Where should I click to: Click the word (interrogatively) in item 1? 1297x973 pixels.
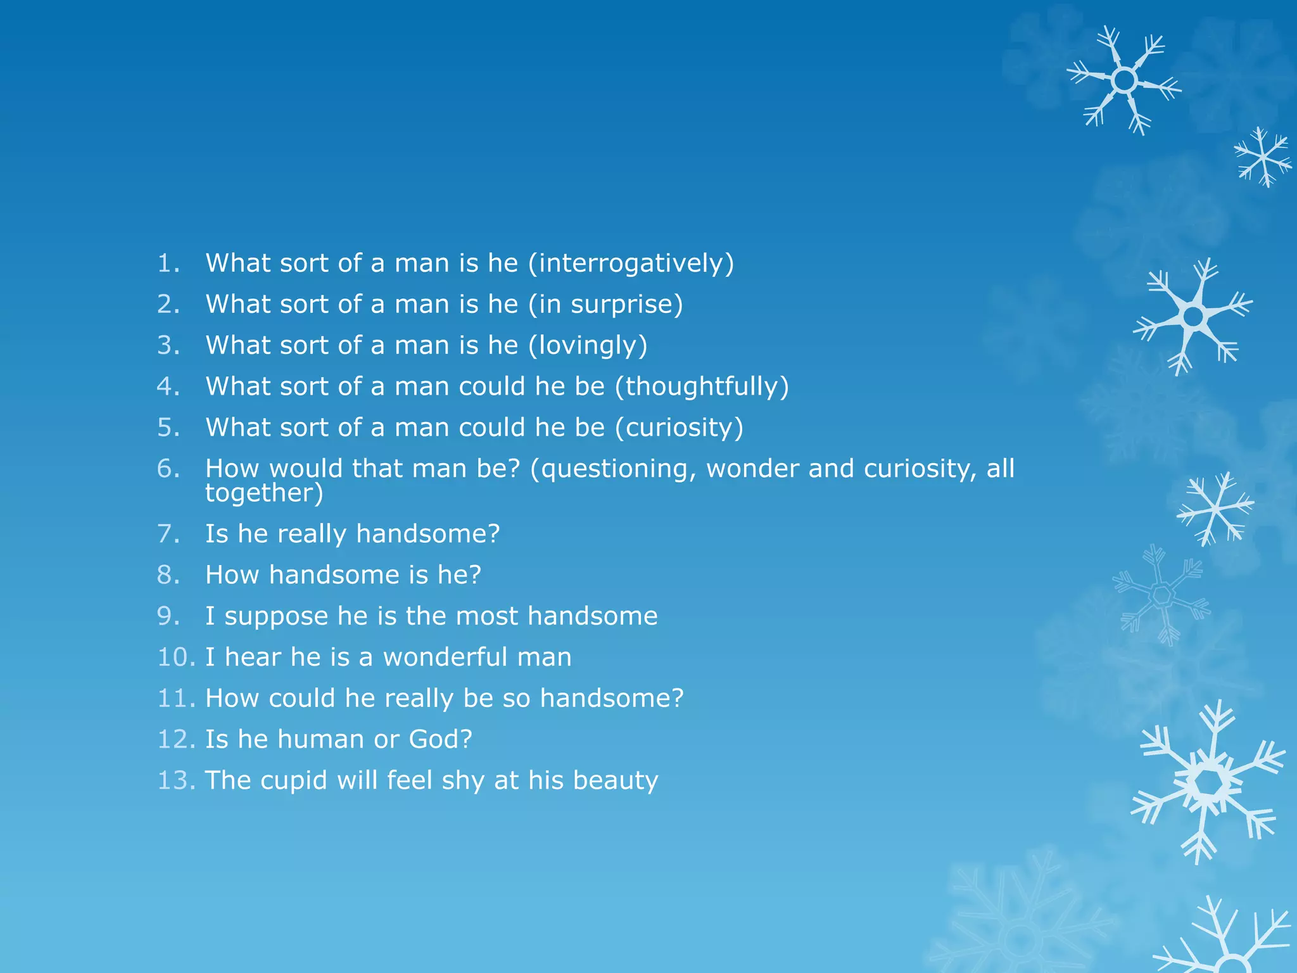pos(631,264)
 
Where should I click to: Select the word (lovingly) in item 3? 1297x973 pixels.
pos(588,346)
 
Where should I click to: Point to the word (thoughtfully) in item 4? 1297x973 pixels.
pos(702,387)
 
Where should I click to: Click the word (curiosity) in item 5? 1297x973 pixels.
pos(679,428)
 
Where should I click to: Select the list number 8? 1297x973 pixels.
pos(168,575)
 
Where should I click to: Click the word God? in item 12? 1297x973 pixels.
pos(441,740)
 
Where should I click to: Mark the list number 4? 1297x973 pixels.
pos(168,387)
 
